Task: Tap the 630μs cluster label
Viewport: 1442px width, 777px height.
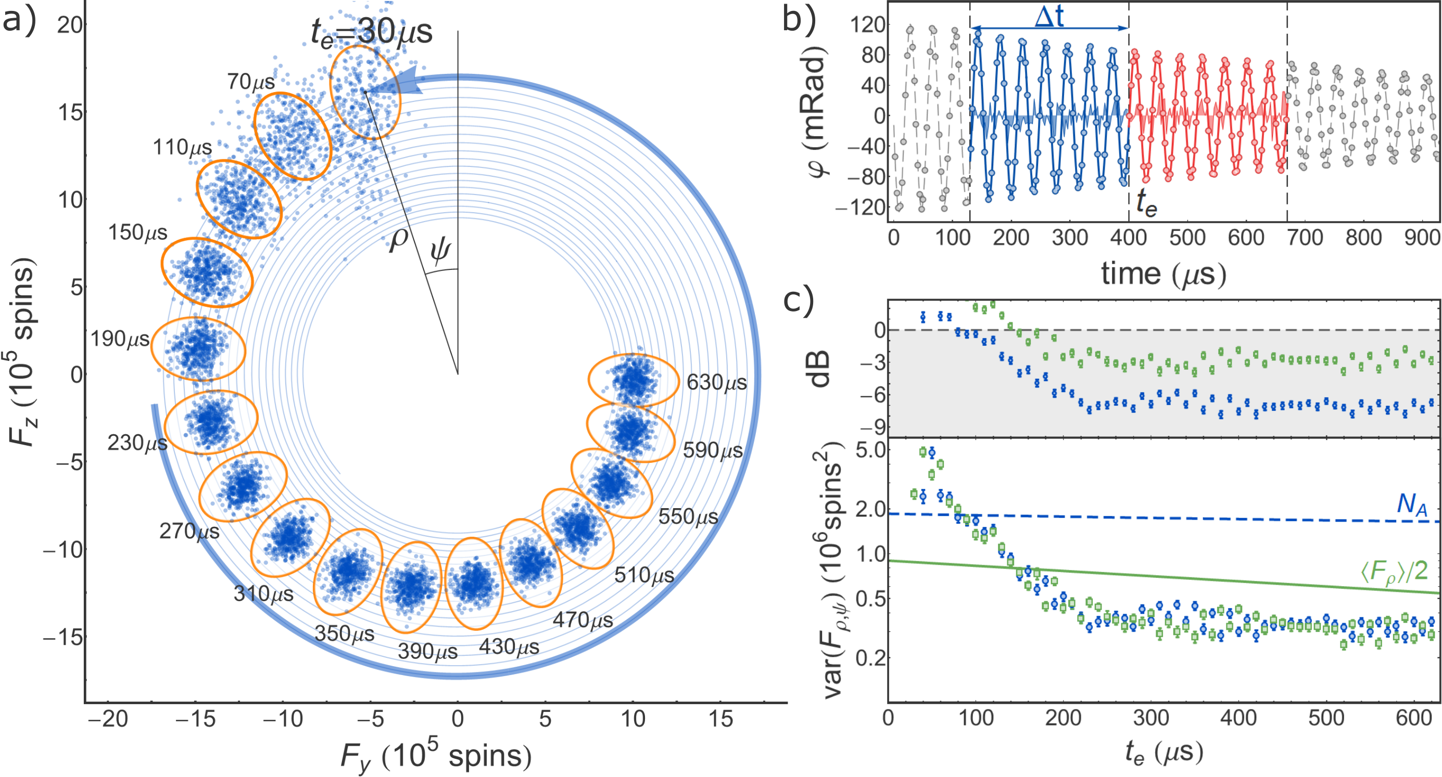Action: point(716,383)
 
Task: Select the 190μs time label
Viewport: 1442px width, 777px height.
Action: point(120,339)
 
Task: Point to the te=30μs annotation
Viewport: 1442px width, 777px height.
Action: point(372,32)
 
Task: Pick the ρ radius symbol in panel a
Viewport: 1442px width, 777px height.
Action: point(399,239)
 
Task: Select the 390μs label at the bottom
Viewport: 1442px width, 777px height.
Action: point(428,651)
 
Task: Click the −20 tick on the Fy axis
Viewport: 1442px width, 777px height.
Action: point(108,719)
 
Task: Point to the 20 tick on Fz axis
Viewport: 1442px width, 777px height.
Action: point(70,24)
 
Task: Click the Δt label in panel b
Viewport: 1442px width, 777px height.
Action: point(1048,17)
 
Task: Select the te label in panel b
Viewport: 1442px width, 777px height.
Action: point(1146,204)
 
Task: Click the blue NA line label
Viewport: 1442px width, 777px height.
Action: point(1411,504)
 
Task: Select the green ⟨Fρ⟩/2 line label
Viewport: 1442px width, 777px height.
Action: point(1394,572)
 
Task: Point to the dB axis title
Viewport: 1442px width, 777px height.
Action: point(820,369)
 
